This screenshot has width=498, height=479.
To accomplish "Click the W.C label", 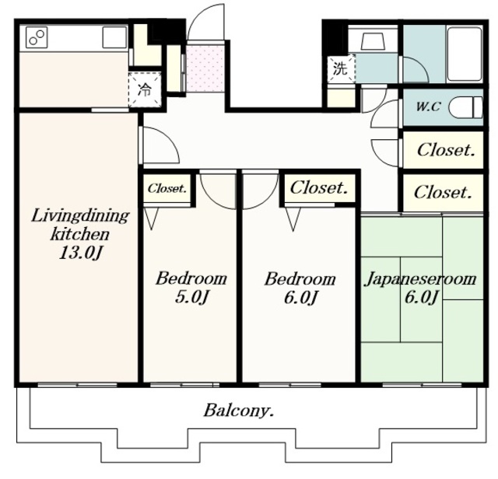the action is [428, 107].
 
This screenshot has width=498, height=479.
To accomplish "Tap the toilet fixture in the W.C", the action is [465, 108].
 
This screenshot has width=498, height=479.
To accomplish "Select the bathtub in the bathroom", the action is [465, 54].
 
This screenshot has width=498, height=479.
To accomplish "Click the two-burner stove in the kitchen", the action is [37, 37].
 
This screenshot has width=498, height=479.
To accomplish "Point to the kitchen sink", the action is [114, 37].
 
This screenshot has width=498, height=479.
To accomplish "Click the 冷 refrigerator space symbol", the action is [145, 90].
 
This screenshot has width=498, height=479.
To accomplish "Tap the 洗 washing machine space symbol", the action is [340, 68].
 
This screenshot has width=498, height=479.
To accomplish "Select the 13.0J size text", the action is [81, 253].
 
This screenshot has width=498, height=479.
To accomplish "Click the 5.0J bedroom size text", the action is [192, 297].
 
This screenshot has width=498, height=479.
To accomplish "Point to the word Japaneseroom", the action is [421, 280].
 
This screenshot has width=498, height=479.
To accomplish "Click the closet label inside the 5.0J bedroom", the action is [167, 188].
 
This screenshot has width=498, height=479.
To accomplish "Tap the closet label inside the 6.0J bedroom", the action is [318, 187].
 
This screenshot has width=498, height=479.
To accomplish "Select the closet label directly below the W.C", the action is [446, 150].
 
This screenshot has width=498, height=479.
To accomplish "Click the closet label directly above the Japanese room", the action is [443, 192].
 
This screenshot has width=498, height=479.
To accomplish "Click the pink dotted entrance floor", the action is [205, 68].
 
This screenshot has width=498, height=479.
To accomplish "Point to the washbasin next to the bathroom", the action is [373, 41].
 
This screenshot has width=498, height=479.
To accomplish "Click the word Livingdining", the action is [80, 217].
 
